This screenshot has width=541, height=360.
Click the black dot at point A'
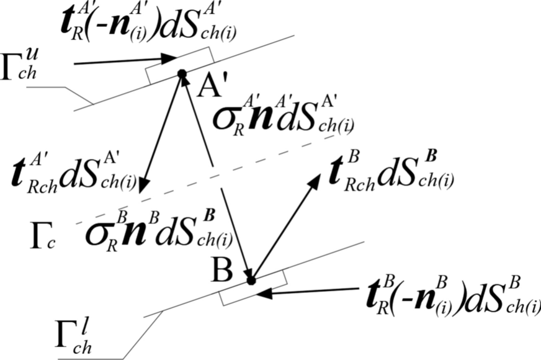pos(182,74)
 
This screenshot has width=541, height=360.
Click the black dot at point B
pos(251,281)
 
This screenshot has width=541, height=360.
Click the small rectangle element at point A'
pos(180,66)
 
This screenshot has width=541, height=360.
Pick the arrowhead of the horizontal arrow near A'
pos(171,58)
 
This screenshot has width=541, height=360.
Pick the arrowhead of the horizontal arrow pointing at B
pos(264,293)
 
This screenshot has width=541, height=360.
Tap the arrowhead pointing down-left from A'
pos(143,186)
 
